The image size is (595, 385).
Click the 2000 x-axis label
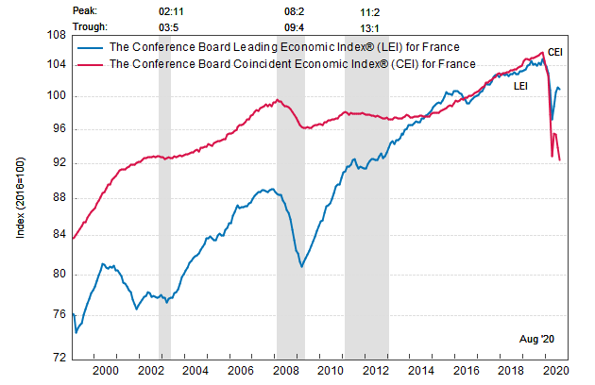[104, 372]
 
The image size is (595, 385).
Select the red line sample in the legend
[93, 64]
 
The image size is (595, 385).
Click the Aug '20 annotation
[538, 337]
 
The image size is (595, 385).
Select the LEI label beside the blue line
[520, 87]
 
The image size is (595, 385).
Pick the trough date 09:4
[294, 27]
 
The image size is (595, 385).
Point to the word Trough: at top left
[91, 27]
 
